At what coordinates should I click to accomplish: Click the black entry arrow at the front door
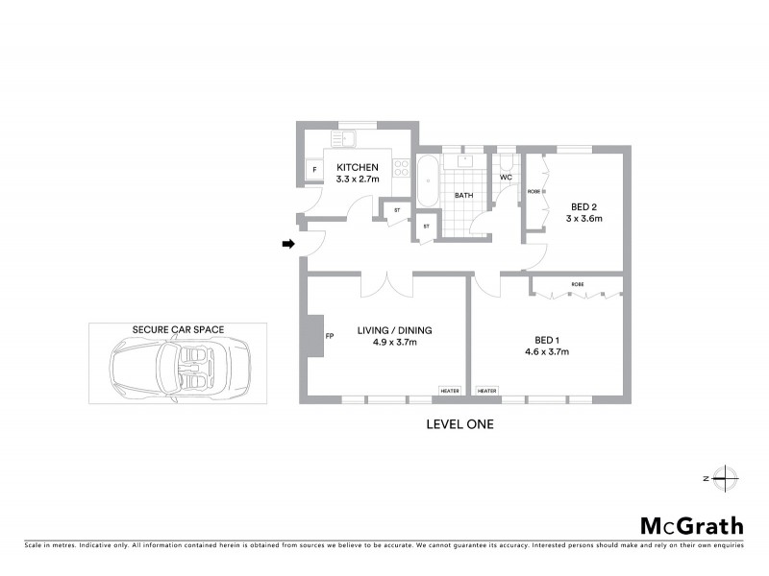286,245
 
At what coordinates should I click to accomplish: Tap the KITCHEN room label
358,167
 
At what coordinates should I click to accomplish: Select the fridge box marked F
312,172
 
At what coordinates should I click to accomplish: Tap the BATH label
463,197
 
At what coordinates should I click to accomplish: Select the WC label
506,178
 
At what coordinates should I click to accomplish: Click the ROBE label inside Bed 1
577,285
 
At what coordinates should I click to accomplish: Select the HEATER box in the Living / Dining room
449,391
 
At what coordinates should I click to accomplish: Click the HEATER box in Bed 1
486,391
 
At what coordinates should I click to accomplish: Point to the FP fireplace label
330,337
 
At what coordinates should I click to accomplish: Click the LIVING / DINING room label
394,330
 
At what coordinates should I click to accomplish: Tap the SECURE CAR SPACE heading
179,329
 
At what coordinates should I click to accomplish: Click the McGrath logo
692,525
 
